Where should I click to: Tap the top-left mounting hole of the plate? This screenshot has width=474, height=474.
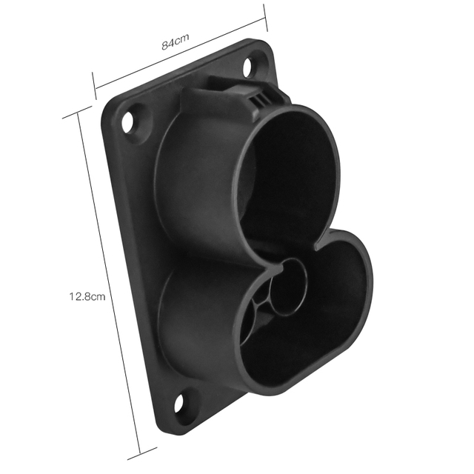pyautogui.click(x=131, y=119)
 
